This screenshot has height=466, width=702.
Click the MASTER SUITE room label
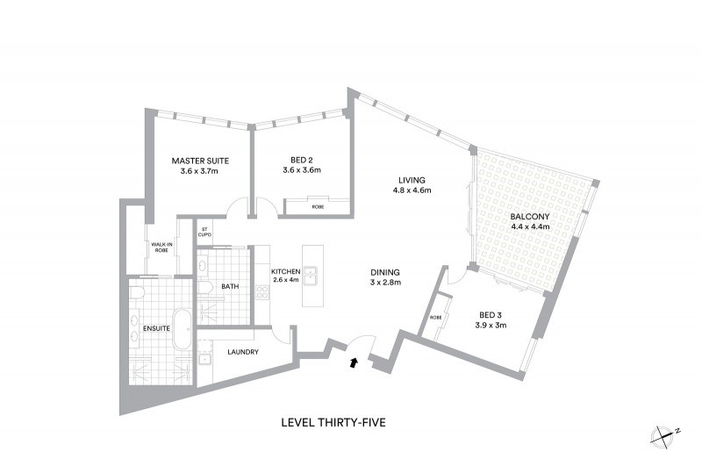(x=200, y=161)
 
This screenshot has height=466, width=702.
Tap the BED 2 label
(x=301, y=161)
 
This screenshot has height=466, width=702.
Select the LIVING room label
(x=412, y=181)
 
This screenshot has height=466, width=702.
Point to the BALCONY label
(x=530, y=217)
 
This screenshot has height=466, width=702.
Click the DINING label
(x=385, y=272)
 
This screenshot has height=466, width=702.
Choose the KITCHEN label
(x=286, y=272)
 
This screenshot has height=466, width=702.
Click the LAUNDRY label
(x=243, y=352)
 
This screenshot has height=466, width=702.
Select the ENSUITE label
(x=157, y=328)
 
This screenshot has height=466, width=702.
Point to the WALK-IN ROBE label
(x=161, y=247)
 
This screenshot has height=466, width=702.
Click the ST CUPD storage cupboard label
(x=204, y=232)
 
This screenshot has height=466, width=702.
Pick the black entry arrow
(x=354, y=362)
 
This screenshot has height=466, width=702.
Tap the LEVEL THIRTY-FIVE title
(x=333, y=423)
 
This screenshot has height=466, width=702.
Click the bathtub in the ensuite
(x=183, y=329)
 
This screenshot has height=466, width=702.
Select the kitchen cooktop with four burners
(x=262, y=292)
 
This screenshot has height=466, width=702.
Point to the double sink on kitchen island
(x=310, y=276)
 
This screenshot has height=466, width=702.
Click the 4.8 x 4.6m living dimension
(x=412, y=190)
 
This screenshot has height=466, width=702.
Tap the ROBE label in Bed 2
(x=319, y=207)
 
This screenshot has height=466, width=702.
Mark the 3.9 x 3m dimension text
(x=491, y=326)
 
